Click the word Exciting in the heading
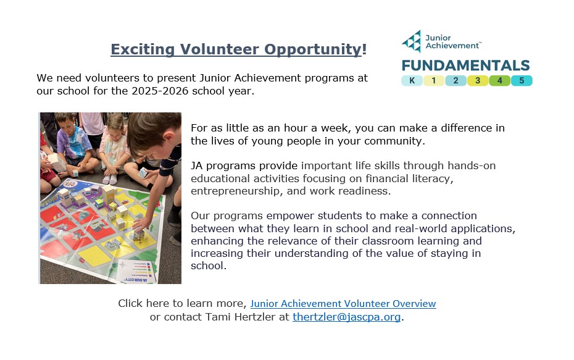pyautogui.click(x=143, y=49)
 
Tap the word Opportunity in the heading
pyautogui.click(x=313, y=49)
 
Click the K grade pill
pyautogui.click(x=412, y=80)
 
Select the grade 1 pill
pyautogui.click(x=434, y=80)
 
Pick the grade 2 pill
pyautogui.click(x=455, y=80)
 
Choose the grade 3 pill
pyautogui.click(x=478, y=80)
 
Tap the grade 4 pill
pyautogui.click(x=500, y=80)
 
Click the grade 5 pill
pyautogui.click(x=522, y=80)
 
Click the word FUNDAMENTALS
pyautogui.click(x=465, y=65)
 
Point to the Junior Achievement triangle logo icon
pyautogui.click(x=412, y=41)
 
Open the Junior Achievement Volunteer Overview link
pyautogui.click(x=343, y=304)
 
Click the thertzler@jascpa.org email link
pyautogui.click(x=347, y=317)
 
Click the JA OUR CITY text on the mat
pyautogui.click(x=135, y=280)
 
